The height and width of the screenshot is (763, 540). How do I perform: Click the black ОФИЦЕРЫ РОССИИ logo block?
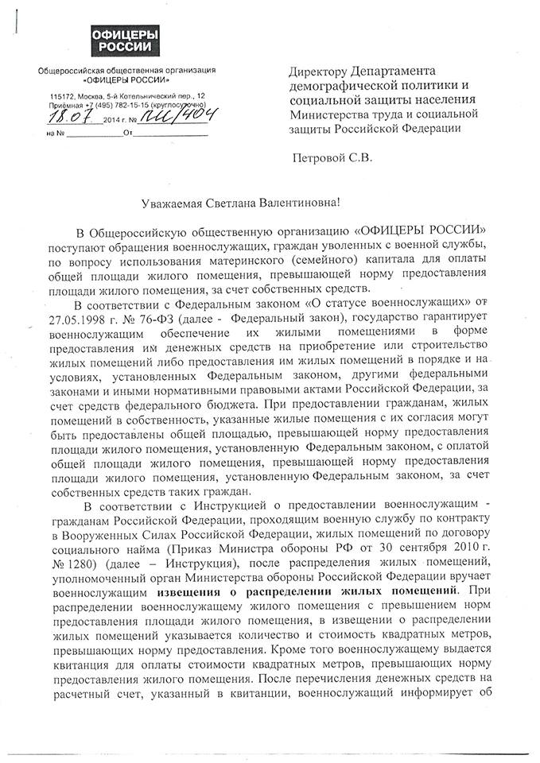[121, 37]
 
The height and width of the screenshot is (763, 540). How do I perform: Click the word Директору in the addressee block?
[321, 72]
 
